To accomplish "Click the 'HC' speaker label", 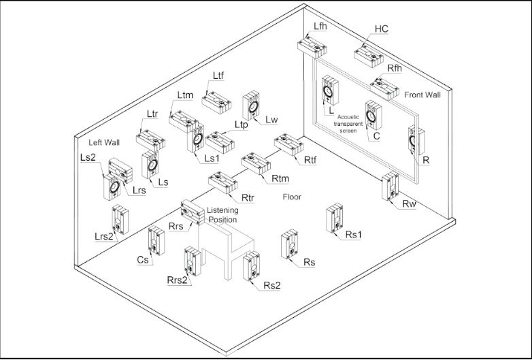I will point(381,30).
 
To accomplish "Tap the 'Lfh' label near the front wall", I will point(320,26).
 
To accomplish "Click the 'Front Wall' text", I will point(422,95).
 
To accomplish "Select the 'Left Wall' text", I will point(104,143).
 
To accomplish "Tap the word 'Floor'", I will point(293,197).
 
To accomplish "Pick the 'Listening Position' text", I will point(222,216).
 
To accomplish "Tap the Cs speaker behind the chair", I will point(156,242).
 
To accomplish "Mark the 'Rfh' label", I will point(397,69).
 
